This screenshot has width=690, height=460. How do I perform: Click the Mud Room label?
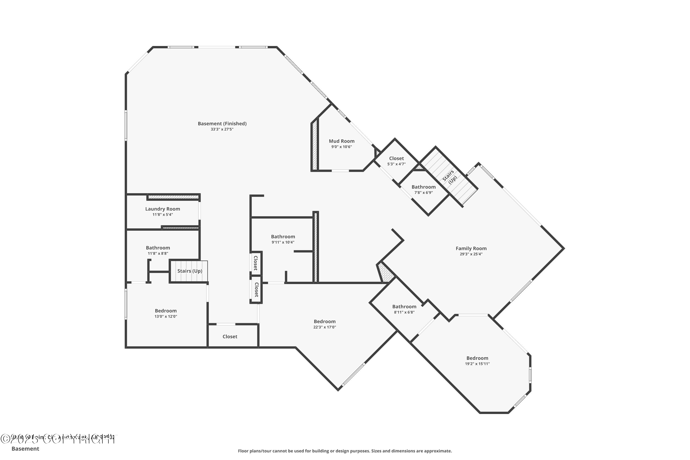342,141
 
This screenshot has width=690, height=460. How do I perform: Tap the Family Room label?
471,248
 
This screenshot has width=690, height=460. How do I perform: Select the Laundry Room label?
163,209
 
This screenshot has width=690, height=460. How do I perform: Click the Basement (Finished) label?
222,124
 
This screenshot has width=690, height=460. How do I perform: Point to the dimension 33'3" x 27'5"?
222,129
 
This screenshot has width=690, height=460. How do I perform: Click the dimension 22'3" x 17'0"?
325,327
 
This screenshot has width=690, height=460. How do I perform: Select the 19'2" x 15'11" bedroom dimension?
477,364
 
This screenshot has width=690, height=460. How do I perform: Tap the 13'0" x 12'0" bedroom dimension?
166,316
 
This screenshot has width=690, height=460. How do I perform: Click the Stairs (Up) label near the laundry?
190,271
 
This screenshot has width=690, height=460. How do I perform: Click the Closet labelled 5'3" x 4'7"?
396,158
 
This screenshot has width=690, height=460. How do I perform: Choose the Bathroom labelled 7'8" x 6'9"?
423,187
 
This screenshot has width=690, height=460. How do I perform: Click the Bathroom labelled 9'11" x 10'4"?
283,236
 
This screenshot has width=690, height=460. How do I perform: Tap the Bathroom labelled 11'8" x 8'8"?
158,248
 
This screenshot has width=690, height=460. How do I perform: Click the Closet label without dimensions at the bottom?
230,336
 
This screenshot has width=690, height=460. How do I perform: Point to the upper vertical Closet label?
256,263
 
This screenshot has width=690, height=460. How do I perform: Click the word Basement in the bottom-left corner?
25,448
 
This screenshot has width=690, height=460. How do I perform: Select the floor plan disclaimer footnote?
345,451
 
